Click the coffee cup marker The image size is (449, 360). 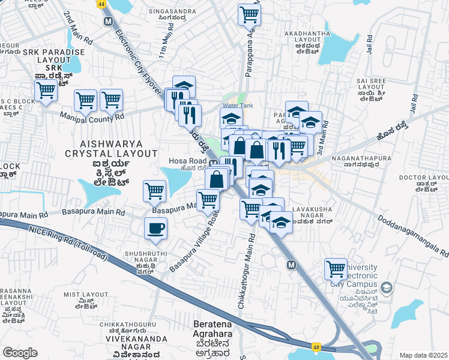(155, 228)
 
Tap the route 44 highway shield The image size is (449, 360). (100, 4)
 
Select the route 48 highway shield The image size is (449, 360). (316, 346)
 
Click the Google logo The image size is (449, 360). (20, 352)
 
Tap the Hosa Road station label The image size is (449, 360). (187, 161)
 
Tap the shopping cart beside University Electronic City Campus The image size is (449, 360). (336, 269)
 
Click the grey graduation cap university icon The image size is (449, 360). (387, 287)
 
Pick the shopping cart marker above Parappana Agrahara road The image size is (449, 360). (249, 14)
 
